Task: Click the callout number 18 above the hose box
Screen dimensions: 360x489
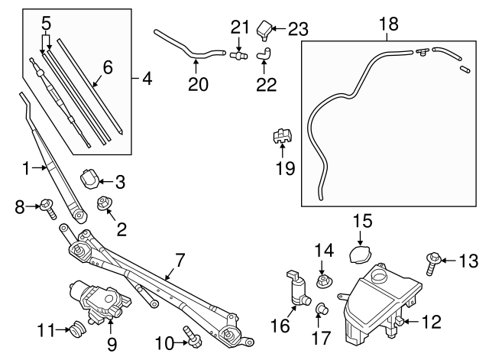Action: pos(388,24)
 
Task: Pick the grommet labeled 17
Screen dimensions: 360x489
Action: pos(322,309)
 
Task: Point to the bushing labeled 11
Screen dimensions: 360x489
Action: pos(76,331)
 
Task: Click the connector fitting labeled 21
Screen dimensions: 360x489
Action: pos(239,54)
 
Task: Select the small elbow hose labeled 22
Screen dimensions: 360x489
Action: pos(264,53)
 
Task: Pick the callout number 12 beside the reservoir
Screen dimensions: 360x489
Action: pos(432,323)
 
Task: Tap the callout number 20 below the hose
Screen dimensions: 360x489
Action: pos(198,84)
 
